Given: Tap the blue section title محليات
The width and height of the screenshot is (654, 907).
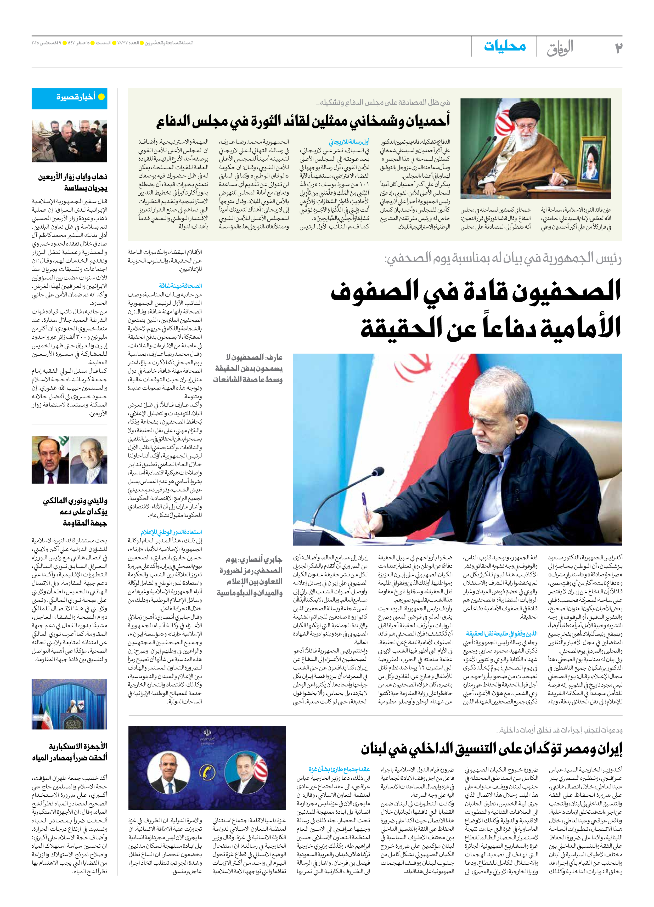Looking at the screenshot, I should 505,46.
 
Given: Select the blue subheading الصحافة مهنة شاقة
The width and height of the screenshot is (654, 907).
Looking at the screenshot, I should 181,286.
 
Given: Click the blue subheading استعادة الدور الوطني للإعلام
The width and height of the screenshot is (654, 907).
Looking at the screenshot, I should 171,532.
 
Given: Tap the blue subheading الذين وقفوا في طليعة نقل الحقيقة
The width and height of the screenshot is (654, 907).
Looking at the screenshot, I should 501,633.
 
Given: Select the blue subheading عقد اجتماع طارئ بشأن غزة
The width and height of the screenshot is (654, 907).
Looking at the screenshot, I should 339,769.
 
